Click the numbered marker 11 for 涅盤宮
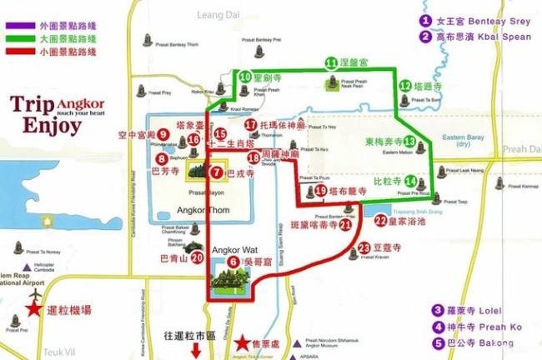coord(331,62)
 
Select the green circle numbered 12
coord(405,85)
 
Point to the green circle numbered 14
coord(410,181)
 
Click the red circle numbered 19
coord(321,191)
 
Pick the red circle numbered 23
coord(364,247)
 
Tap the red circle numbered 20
coord(197,257)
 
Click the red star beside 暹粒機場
coord(34,309)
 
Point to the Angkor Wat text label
coord(231,249)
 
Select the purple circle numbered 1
coord(425,20)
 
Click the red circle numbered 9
coord(164,133)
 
